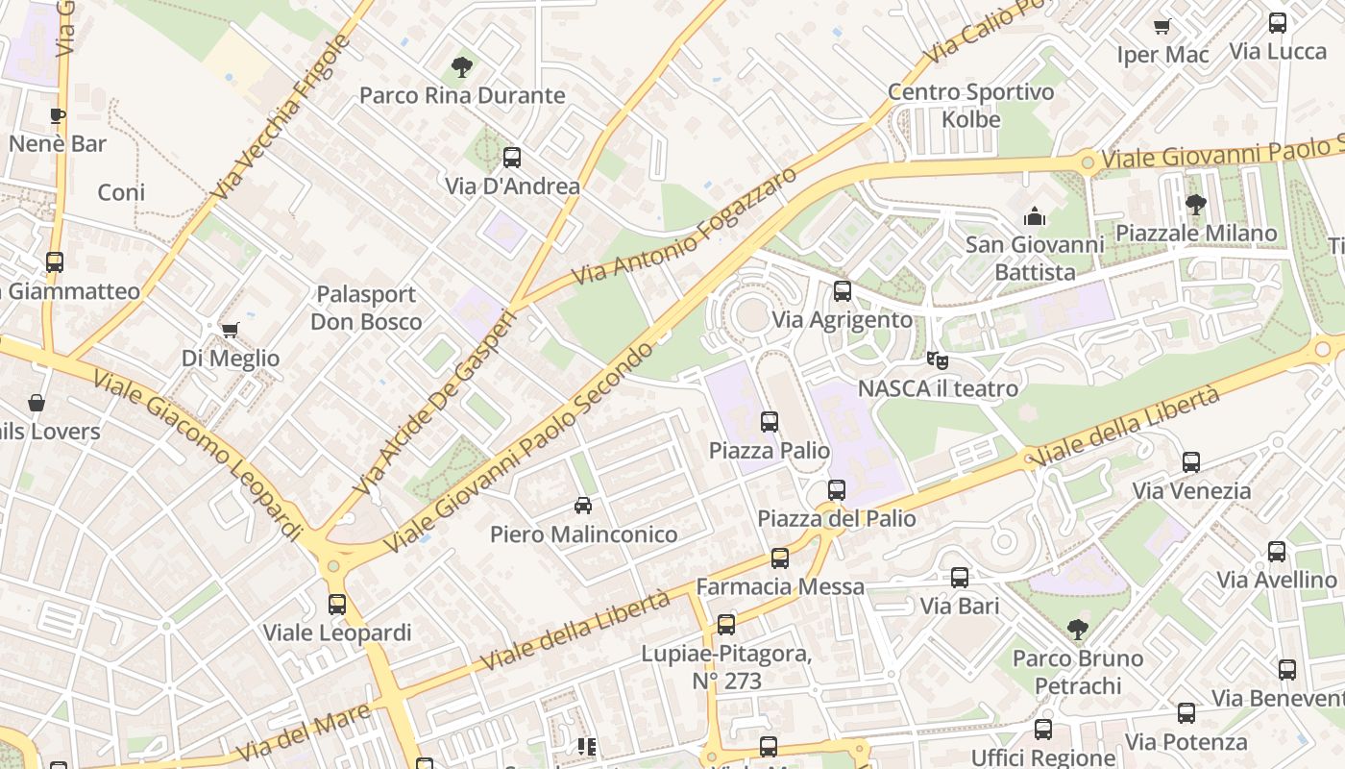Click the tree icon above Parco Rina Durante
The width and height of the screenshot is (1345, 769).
click(x=462, y=67)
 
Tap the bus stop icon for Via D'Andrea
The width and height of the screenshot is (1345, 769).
click(x=512, y=158)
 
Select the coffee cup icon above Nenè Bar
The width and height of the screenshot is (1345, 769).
click(x=58, y=116)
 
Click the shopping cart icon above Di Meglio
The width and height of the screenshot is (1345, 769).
click(x=230, y=331)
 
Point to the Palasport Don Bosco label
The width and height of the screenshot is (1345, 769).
click(x=366, y=308)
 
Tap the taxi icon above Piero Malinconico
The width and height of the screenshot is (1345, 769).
click(x=583, y=506)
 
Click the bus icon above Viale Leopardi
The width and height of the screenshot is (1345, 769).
click(x=337, y=605)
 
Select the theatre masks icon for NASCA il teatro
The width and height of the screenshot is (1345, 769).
click(x=937, y=360)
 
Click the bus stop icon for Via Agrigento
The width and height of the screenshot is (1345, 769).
click(x=843, y=291)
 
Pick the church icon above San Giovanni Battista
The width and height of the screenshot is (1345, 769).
click(x=1034, y=215)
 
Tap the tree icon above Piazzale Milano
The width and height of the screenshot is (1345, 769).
click(x=1196, y=204)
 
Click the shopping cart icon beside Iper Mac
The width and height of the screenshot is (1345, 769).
click(x=1162, y=26)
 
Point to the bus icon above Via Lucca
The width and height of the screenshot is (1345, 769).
click(x=1278, y=23)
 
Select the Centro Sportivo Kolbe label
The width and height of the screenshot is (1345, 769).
click(x=971, y=106)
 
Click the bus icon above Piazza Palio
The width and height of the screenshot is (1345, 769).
click(x=770, y=421)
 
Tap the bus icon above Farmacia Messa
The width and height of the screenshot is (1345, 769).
click(x=780, y=558)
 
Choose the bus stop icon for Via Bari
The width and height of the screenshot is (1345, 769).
click(x=960, y=578)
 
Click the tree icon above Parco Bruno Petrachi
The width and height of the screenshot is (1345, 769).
click(x=1078, y=630)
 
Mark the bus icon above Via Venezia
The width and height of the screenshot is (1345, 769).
click(x=1191, y=462)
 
